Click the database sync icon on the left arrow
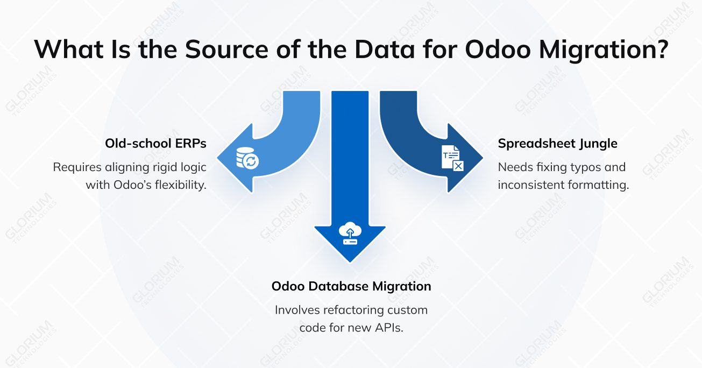[247, 158]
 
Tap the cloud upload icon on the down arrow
[350, 233]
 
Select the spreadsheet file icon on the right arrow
[452, 158]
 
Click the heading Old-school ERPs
[156, 144]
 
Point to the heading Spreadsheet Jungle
[557, 144]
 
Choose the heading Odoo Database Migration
[351, 286]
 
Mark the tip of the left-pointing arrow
[218, 158]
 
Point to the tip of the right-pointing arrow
[483, 158]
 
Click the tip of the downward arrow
[350, 262]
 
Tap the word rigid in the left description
[164, 167]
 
